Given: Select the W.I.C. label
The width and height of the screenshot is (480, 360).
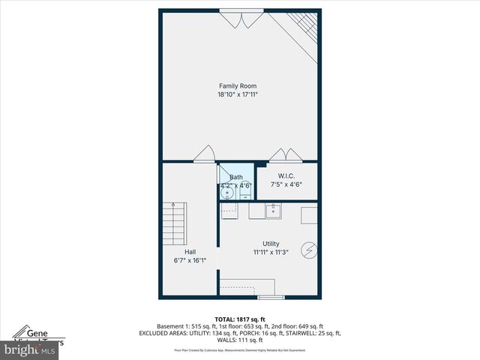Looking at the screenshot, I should coord(285,176).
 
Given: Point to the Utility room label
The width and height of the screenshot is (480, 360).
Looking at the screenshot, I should coord(271,244).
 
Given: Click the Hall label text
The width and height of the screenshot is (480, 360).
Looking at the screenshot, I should coord(190,252).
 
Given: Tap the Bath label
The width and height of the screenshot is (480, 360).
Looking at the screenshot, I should coord(235,177).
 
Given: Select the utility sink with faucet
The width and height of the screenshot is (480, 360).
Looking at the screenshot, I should coord(274,211).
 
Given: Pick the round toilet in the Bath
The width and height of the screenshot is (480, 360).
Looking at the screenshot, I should coord(227,193).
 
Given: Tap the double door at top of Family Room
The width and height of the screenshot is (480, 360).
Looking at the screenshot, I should coord(241,19).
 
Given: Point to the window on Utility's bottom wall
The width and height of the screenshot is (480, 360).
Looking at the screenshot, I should coord(271,298).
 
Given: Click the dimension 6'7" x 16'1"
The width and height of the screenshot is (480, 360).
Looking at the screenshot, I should coord(190,260).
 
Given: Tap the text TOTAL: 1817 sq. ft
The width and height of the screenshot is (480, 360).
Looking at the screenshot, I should coord(240,319).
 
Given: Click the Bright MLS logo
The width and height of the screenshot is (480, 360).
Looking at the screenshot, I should coord(30,349).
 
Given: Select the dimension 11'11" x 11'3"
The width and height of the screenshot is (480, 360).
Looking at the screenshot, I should coord(271,252).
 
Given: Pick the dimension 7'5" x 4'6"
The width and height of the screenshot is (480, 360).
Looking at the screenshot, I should coord(285,184).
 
